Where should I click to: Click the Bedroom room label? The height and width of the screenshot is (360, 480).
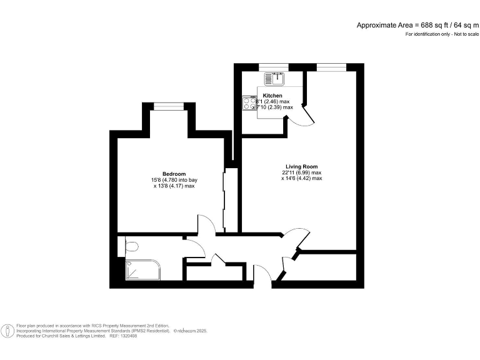(174, 174)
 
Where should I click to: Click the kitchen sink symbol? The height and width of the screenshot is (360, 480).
(274, 79)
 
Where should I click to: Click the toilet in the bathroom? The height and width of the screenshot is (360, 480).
(131, 247)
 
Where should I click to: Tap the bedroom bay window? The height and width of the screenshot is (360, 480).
(169, 106)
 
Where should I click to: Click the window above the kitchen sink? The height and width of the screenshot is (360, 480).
(274, 67)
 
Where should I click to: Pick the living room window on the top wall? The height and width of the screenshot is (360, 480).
(331, 67)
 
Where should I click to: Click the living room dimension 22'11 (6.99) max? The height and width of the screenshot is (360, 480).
(301, 173)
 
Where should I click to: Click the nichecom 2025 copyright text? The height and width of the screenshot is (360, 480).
(191, 331)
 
